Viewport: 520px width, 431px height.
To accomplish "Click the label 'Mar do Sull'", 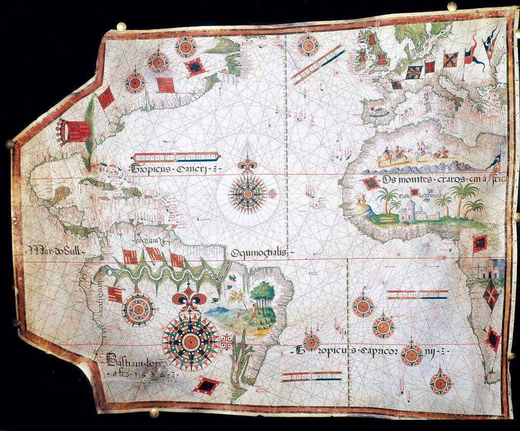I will coord(56,250).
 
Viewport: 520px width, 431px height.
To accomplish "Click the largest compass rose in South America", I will coord(190,341).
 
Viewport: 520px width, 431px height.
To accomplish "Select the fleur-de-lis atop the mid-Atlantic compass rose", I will coord(247,165).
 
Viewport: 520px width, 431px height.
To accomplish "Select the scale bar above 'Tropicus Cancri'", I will coord(176,157).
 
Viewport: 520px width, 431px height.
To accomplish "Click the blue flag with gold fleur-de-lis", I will coord(413,72).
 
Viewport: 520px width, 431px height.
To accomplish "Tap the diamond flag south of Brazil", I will coord(207,386).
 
